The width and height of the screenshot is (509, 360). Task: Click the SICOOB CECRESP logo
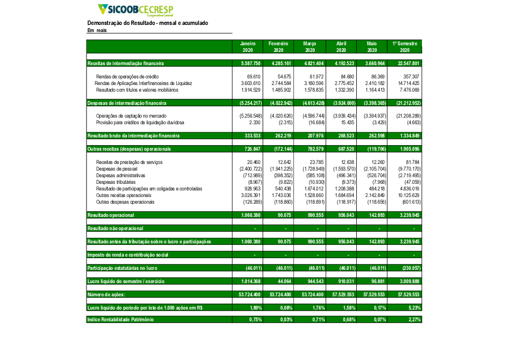(x=135, y=10)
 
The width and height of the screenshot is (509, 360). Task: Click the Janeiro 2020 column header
(x=247, y=47)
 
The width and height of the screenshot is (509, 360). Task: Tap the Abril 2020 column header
(x=341, y=47)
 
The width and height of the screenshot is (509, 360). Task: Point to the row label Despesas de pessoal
(x=117, y=169)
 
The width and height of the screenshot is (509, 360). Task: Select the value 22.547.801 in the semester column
(x=408, y=64)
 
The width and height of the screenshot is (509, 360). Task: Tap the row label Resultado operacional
(x=108, y=215)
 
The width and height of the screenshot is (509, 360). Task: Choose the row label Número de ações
(x=106, y=294)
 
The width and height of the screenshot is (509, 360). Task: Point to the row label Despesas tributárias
(x=116, y=182)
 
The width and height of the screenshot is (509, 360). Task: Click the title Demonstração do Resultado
(x=148, y=23)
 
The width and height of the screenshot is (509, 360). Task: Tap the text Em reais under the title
(x=97, y=31)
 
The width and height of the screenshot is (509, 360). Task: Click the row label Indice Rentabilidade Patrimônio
(x=120, y=320)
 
